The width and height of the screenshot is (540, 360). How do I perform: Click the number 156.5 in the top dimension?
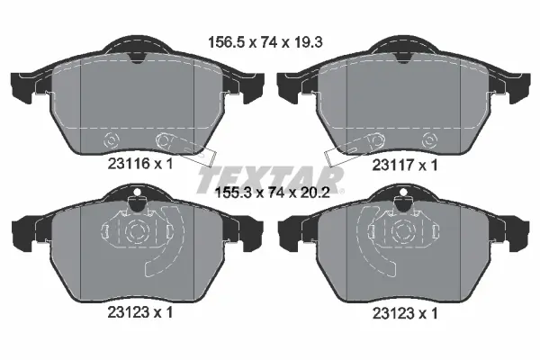(224, 40)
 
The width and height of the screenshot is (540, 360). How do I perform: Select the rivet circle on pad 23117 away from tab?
(428, 140)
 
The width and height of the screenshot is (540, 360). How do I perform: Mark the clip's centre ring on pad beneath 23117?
(401, 231)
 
